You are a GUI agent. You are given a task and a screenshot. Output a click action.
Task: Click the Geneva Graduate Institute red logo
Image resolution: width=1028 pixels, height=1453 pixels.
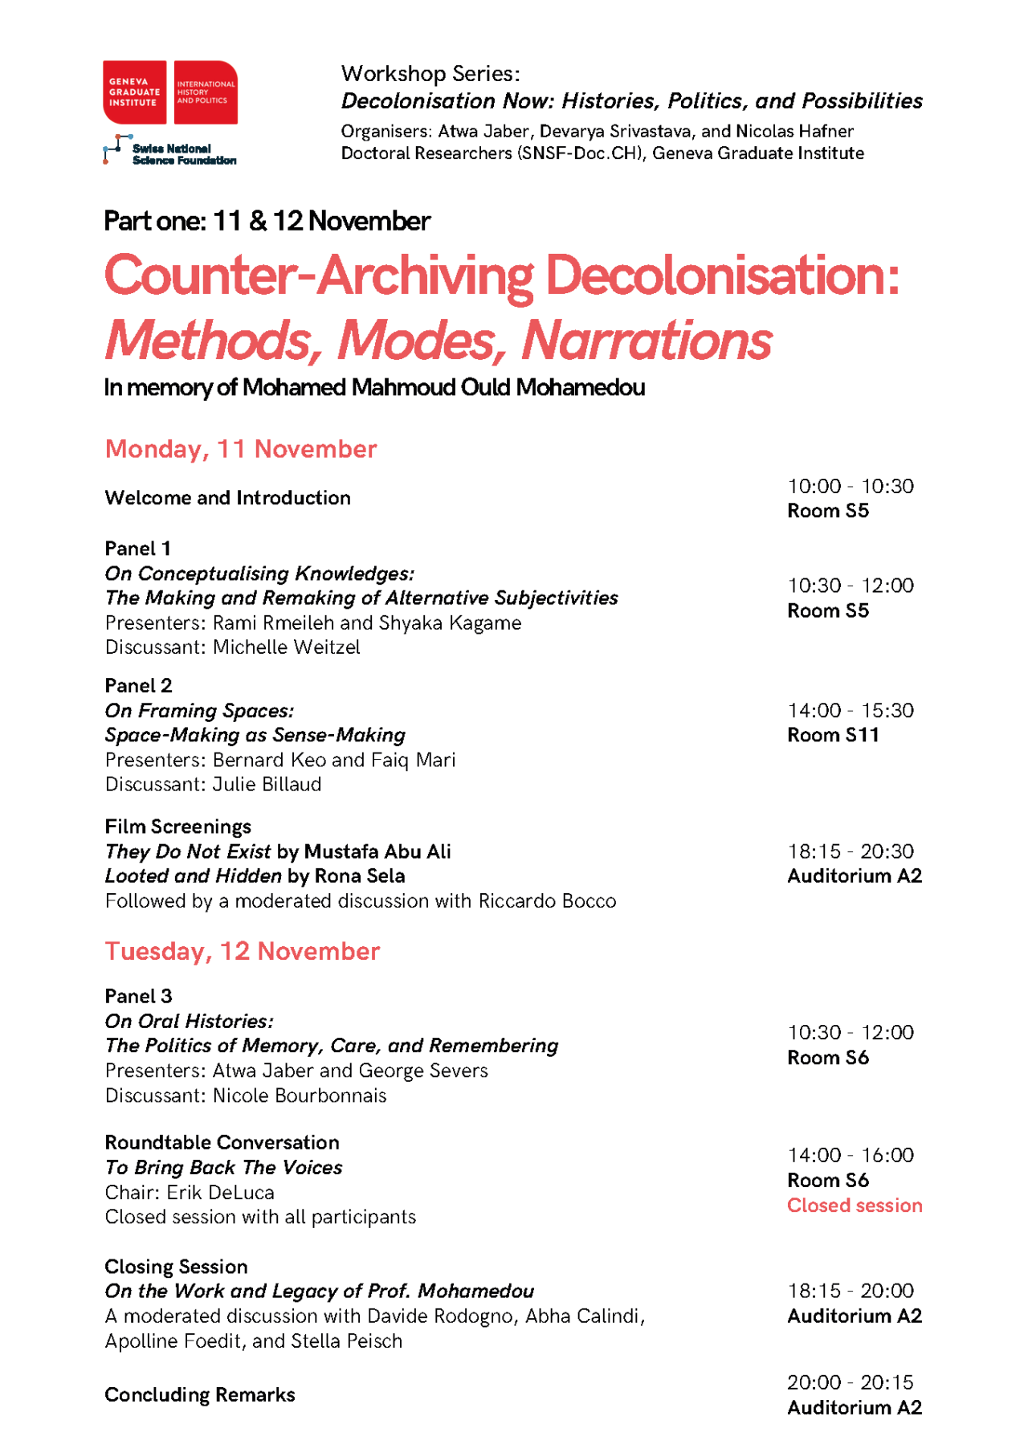(169, 92)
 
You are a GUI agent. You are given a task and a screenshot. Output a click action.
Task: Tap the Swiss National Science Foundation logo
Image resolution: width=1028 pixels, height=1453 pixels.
(169, 150)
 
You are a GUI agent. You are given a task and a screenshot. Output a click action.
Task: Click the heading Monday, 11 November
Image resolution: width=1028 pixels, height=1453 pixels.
(240, 449)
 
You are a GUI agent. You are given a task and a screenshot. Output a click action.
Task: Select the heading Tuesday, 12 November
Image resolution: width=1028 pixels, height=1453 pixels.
(242, 951)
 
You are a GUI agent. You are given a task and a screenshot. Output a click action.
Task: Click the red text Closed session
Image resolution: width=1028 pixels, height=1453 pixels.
(854, 1205)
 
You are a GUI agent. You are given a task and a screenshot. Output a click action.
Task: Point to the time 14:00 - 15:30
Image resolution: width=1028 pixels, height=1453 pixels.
(850, 710)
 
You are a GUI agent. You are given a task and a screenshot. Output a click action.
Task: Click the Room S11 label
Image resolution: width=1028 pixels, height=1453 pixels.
(832, 735)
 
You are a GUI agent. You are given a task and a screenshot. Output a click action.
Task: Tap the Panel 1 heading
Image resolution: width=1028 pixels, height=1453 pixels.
(137, 549)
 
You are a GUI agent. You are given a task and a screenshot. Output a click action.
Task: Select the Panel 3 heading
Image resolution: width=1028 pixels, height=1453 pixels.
(138, 996)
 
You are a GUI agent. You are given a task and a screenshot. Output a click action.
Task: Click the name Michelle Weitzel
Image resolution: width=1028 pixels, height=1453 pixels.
(286, 647)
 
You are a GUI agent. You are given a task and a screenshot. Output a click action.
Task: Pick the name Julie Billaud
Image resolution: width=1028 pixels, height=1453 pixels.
(267, 784)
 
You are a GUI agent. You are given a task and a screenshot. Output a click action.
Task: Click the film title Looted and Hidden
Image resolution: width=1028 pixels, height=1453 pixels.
(193, 875)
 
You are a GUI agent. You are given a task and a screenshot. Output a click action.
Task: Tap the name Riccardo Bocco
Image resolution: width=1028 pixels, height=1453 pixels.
(547, 900)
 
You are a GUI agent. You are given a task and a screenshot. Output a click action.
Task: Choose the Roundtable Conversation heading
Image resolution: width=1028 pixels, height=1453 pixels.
(222, 1142)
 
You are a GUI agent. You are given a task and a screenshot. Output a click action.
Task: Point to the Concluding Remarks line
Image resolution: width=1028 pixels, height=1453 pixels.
(199, 1394)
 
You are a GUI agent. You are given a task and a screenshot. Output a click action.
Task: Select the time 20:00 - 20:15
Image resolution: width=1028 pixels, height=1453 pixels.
(850, 1382)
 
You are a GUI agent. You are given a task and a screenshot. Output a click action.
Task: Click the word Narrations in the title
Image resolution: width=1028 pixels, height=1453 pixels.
(646, 341)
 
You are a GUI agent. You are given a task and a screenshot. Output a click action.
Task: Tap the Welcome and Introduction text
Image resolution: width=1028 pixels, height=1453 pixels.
(227, 498)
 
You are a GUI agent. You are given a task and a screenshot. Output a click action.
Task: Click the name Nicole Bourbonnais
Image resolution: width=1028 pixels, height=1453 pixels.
(299, 1096)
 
